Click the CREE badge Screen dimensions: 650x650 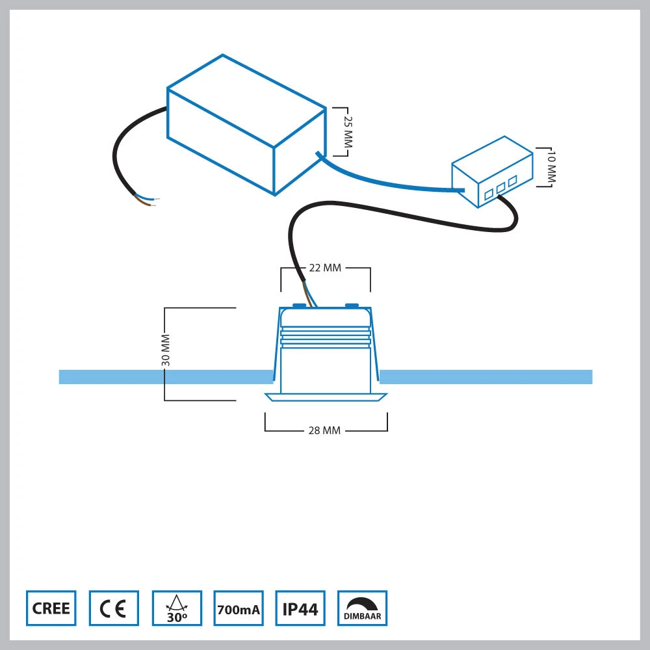[x=51, y=608]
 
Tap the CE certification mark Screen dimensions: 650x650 [x=114, y=608]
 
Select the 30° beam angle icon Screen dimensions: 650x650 [x=176, y=608]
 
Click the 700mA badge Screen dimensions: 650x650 [x=238, y=608]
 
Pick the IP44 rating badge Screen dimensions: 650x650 [x=300, y=608]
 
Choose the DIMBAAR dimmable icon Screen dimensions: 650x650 [x=363, y=608]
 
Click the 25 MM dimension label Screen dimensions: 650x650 [x=347, y=132]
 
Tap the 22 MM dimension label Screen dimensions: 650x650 [x=325, y=268]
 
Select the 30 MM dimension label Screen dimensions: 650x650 [x=166, y=351]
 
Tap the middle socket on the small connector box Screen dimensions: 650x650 [x=500, y=187]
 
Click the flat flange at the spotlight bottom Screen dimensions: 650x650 [x=326, y=397]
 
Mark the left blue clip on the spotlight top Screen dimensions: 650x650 [x=300, y=304]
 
